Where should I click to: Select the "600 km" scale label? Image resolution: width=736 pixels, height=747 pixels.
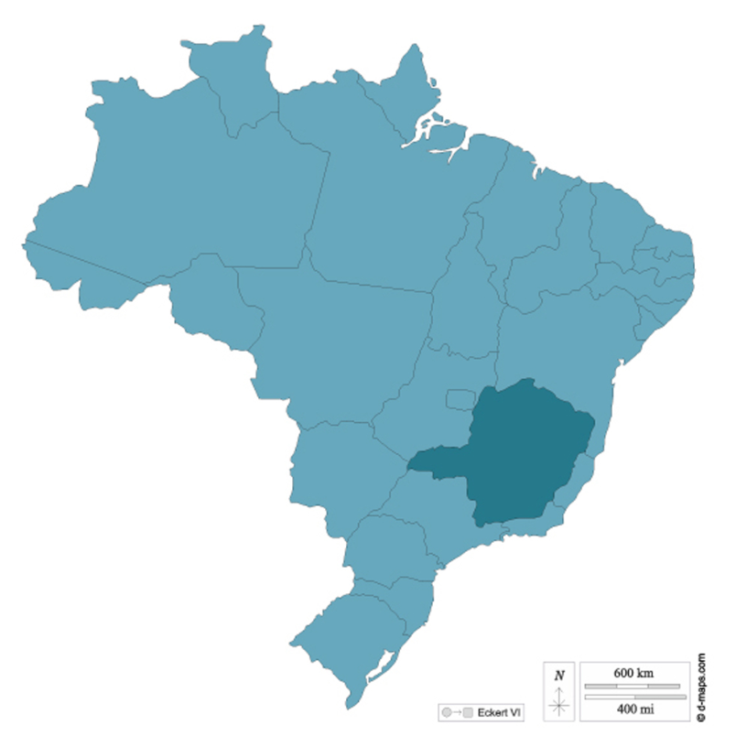point(633,673)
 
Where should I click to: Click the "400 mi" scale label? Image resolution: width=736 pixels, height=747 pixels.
point(633,709)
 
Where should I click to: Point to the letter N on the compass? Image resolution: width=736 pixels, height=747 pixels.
point(559,676)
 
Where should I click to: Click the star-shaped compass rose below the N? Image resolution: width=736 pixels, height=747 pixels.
point(559,705)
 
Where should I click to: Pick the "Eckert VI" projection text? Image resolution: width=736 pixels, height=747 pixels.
point(500,712)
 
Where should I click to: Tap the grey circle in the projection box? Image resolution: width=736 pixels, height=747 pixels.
point(446,712)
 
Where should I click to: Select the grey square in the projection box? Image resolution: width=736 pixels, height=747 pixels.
point(467,712)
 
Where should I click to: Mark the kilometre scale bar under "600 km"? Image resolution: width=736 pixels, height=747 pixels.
point(633,686)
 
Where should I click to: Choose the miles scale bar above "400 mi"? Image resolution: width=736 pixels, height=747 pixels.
point(633,698)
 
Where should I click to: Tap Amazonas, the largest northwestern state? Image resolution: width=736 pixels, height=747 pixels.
point(183,201)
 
